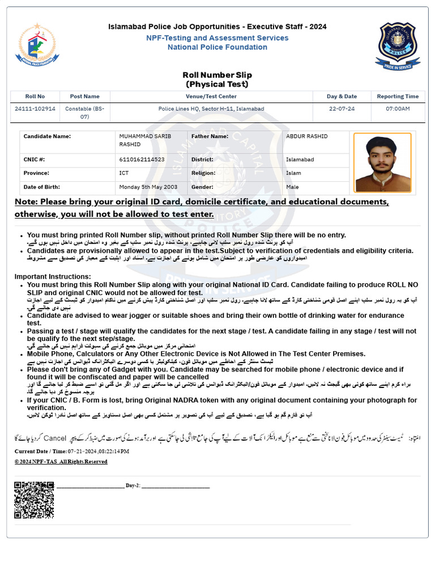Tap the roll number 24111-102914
click(35, 109)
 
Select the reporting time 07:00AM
click(398, 109)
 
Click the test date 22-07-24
click(342, 109)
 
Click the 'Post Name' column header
click(84, 96)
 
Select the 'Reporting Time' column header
click(398, 96)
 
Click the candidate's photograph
click(382, 163)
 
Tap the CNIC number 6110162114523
click(142, 160)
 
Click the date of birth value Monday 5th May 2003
click(148, 187)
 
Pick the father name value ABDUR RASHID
click(306, 137)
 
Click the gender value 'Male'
click(292, 187)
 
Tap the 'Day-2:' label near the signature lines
click(133, 486)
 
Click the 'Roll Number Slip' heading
click(217, 75)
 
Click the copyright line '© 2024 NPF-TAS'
click(61, 462)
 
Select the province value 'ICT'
click(124, 173)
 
